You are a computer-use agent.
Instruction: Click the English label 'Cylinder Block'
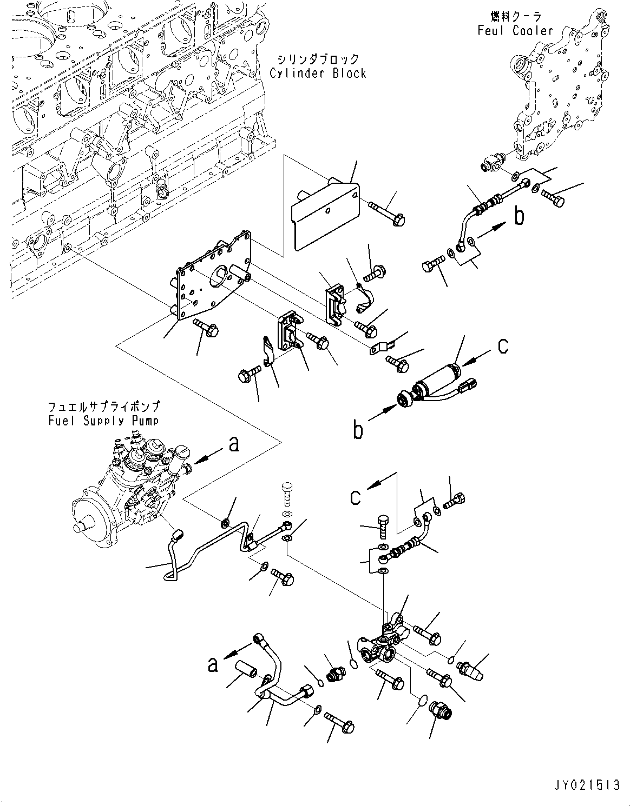[318, 74]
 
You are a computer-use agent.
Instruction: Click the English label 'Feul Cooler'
[515, 31]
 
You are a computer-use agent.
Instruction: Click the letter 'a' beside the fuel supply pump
[233, 445]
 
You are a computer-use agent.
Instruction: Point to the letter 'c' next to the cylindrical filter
[503, 346]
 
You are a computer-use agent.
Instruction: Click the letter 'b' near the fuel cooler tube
[519, 216]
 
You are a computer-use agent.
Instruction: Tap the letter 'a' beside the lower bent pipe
[213, 664]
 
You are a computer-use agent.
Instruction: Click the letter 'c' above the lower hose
[355, 497]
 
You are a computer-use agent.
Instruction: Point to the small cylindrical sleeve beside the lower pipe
[248, 675]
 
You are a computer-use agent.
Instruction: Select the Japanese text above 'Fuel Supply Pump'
[103, 407]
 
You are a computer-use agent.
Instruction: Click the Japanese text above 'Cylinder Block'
[318, 59]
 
